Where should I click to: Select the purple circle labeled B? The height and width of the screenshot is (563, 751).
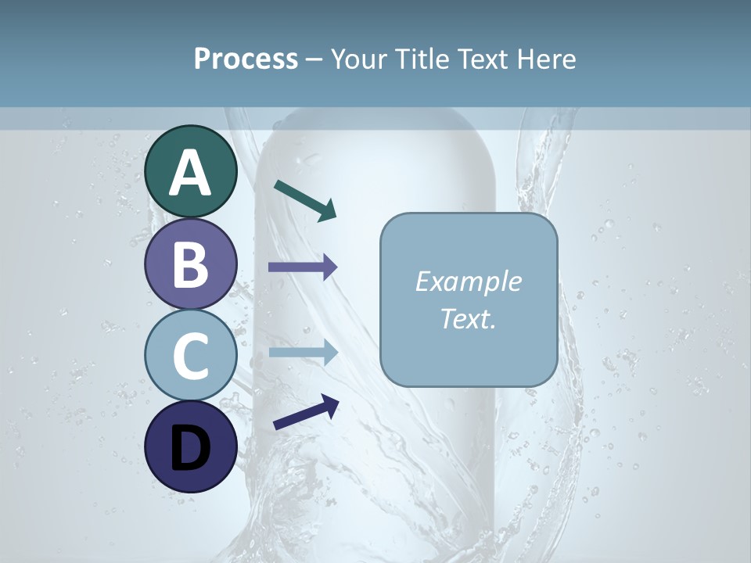pyautogui.click(x=191, y=264)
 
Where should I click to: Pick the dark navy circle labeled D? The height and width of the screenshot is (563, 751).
pyautogui.click(x=191, y=446)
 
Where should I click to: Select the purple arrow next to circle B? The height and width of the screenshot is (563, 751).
pyautogui.click(x=303, y=267)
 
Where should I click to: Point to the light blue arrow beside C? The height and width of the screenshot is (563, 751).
pyautogui.click(x=303, y=353)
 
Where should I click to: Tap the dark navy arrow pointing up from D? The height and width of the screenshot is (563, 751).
pyautogui.click(x=306, y=412)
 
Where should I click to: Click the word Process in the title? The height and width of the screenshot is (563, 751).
pyautogui.click(x=246, y=59)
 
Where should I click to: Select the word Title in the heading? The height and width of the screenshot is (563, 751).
pyautogui.click(x=427, y=59)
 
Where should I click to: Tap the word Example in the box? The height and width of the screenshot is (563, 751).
pyautogui.click(x=468, y=281)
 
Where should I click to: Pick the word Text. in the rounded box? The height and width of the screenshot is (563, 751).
pyautogui.click(x=468, y=318)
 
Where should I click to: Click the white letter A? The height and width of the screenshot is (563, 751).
pyautogui.click(x=191, y=174)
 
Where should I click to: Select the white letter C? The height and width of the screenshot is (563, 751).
pyautogui.click(x=191, y=356)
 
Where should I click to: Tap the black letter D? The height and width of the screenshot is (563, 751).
pyautogui.click(x=191, y=448)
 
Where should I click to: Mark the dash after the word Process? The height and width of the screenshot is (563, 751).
pyautogui.click(x=314, y=60)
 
